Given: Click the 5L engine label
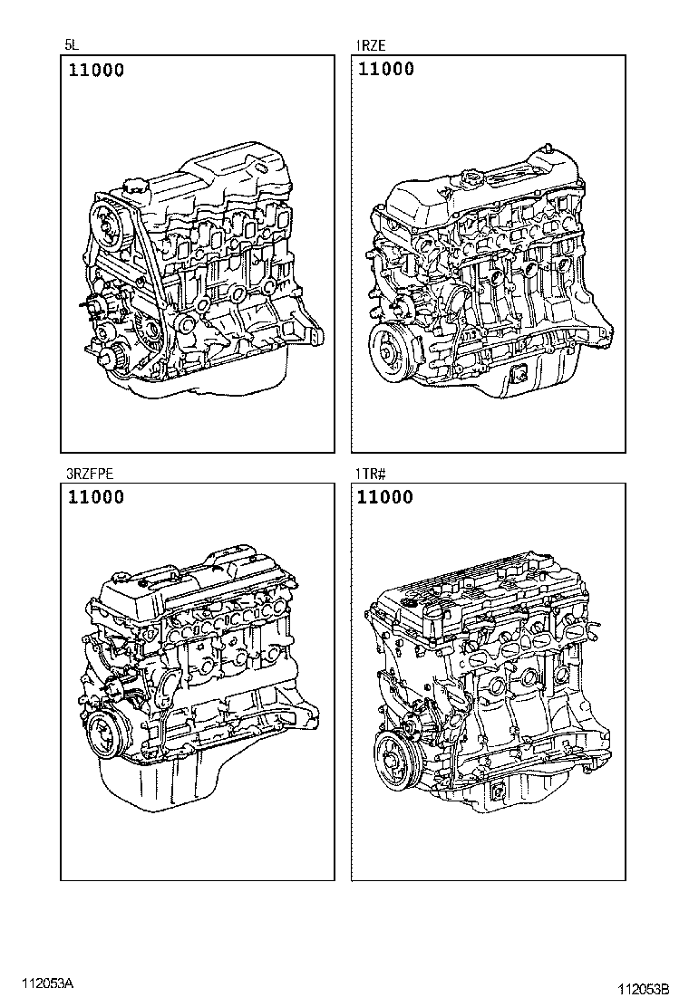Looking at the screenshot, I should coord(70,43).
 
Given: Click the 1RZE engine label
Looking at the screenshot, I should coord(371,43).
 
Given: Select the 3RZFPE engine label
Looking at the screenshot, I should coord(89,472).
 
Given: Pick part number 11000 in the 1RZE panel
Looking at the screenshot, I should coord(385,70).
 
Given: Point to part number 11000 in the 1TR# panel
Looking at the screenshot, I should coord(385,497).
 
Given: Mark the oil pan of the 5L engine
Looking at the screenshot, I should coord(218,380).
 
